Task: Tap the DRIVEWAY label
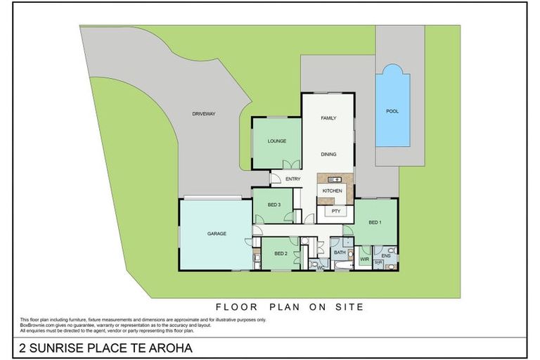(x=204, y=113)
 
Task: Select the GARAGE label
(x=216, y=233)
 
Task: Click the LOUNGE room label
(x=276, y=141)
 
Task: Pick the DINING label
(x=328, y=154)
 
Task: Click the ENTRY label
(x=293, y=179)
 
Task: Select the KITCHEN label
(x=332, y=191)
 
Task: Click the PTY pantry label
(x=337, y=210)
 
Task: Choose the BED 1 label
(x=375, y=222)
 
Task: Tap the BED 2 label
(x=281, y=253)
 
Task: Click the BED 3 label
(x=274, y=205)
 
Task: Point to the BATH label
(x=340, y=252)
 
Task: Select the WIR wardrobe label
(x=364, y=259)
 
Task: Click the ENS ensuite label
(x=386, y=256)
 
